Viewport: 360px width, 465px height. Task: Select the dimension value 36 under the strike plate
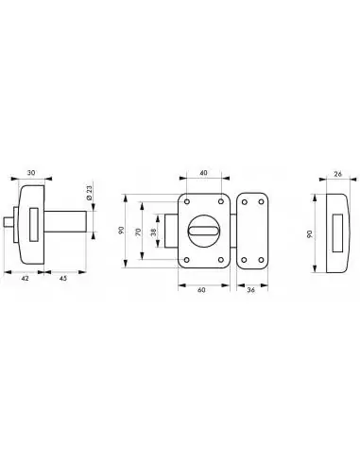249,290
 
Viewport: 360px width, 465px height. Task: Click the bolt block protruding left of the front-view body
171,230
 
